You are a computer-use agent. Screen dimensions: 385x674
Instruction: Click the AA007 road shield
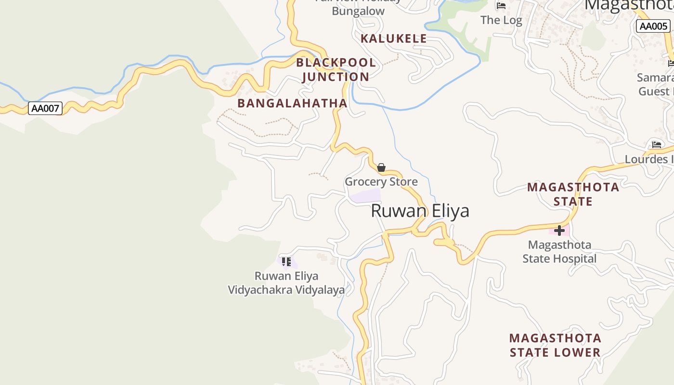tap(45, 108)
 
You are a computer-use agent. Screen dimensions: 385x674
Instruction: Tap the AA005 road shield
tap(653, 26)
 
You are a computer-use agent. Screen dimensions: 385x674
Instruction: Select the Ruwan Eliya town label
tap(420, 211)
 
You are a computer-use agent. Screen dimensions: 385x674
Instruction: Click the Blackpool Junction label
tap(336, 69)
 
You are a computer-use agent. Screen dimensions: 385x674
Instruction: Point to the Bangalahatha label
tap(292, 103)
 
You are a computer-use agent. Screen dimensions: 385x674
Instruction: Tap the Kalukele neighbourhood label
tap(393, 38)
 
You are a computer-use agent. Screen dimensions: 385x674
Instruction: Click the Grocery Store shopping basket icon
tap(381, 167)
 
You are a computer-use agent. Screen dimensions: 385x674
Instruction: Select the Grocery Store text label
tap(381, 182)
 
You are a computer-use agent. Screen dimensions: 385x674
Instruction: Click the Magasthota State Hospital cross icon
tap(559, 231)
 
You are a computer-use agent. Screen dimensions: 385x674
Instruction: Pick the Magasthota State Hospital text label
tap(559, 252)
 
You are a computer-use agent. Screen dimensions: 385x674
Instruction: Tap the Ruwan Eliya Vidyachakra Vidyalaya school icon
tap(286, 262)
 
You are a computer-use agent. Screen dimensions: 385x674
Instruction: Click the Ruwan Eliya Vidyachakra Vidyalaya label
tap(286, 283)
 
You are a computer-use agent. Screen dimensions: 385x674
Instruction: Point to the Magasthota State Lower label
tap(555, 345)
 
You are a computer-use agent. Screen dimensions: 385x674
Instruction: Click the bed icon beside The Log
tap(501, 6)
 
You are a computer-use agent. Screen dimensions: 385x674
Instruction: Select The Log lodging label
tap(501, 20)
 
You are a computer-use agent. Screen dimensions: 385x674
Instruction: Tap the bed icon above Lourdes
tap(656, 144)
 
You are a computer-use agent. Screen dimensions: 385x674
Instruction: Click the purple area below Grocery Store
tap(365, 196)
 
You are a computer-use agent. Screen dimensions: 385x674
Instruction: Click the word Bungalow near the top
tap(358, 11)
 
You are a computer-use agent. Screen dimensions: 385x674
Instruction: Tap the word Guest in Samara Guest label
tap(654, 91)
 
